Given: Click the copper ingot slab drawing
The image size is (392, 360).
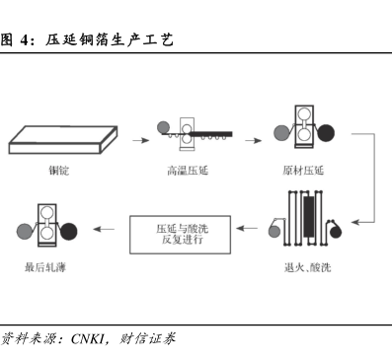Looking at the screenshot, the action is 63,140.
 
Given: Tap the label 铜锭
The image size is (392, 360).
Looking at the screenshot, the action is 59,171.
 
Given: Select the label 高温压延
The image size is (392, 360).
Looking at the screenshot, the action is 188,171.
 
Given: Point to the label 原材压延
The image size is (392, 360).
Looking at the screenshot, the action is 303,171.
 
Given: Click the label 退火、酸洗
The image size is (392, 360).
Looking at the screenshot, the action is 307,267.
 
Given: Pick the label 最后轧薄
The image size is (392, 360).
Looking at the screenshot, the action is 45,267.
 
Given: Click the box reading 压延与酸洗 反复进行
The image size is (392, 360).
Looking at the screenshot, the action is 180,235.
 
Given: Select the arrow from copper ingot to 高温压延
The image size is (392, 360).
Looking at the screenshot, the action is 141,140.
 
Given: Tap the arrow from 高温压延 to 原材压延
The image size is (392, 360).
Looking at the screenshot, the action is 254,140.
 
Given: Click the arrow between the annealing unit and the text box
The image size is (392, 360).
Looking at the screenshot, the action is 247,228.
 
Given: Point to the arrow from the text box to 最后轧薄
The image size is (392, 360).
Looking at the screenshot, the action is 104,229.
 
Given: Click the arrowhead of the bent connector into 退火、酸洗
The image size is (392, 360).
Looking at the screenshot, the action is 354,223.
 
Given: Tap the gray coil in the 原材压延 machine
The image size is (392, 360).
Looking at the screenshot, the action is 281,133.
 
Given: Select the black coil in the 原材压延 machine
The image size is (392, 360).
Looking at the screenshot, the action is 326,133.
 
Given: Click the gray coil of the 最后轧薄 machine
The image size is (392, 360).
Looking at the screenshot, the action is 25,232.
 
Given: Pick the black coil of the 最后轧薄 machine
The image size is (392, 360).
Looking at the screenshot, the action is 69,232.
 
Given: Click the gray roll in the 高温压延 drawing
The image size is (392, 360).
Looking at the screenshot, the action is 163,127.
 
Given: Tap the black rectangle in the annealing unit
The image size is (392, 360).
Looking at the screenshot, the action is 309,217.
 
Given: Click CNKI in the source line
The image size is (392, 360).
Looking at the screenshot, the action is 88,339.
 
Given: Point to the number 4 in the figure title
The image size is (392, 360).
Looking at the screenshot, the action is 25,40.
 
